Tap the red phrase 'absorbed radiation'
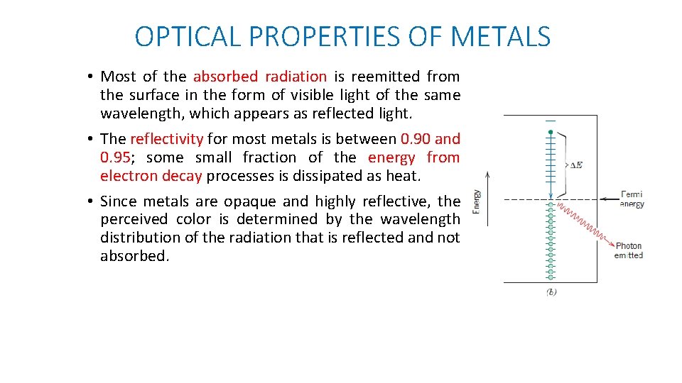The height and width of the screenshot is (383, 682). click(x=259, y=77)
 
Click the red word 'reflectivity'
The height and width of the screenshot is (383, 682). click(x=166, y=139)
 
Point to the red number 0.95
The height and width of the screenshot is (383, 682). click(x=116, y=157)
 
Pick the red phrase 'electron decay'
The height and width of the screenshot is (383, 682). click(x=151, y=176)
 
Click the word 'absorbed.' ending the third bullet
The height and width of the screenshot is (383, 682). click(x=135, y=256)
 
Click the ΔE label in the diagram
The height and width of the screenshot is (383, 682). click(x=575, y=165)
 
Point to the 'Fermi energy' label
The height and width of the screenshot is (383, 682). click(x=631, y=199)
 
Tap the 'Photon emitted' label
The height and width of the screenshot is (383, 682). click(x=629, y=250)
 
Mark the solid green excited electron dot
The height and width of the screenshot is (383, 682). click(x=551, y=133)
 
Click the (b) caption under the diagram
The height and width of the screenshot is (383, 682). click(x=551, y=292)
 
